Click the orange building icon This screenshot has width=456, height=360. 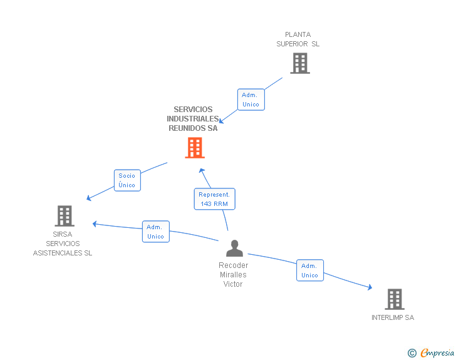pos(195,148)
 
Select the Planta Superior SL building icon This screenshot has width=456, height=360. pos(300,63)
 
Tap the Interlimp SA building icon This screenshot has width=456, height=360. pos(395,299)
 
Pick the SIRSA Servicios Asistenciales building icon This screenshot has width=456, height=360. pos(65,216)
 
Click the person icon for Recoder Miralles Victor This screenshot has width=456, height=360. pos(234,248)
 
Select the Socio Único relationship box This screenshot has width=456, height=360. pos(127,180)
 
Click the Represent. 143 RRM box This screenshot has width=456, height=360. pos(215,199)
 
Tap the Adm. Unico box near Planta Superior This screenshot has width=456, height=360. pos(251,100)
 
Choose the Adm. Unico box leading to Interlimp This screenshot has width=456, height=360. pos(310,270)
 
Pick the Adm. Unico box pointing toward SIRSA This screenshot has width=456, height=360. pos(156,232)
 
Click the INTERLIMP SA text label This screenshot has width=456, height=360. pos(393,317)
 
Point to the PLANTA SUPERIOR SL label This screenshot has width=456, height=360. pos(298,39)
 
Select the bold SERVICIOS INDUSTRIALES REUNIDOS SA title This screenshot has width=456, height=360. pos(193,118)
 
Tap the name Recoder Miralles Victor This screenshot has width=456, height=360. pos(233,274)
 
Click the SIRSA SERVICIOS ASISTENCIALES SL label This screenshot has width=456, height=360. pos(63,244)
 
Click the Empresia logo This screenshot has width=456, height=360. pos(437,352)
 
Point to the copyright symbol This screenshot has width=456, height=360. pos(412,353)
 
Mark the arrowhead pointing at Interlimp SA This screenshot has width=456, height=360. pos(370,287)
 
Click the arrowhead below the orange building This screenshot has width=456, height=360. pos(202,171)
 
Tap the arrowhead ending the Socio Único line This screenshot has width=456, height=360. pos(89,198)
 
